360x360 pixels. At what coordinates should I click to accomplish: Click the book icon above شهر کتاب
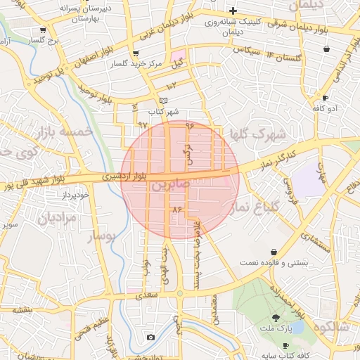163,101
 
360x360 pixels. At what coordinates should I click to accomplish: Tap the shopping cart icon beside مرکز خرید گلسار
135,53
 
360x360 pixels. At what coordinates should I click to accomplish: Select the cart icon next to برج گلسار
44,30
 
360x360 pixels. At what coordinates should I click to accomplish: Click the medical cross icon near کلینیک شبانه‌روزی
233,11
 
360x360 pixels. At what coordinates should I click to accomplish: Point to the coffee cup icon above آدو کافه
325,98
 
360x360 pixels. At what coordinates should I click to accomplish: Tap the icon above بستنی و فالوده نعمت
274,252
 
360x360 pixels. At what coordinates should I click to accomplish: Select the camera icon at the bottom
150,337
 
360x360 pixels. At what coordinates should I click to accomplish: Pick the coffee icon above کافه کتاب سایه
285,345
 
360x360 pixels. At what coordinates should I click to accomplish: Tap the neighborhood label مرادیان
51,219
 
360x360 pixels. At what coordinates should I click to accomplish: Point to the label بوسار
100,238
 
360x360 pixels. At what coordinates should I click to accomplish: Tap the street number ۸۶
176,210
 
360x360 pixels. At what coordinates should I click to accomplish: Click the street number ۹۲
143,124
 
